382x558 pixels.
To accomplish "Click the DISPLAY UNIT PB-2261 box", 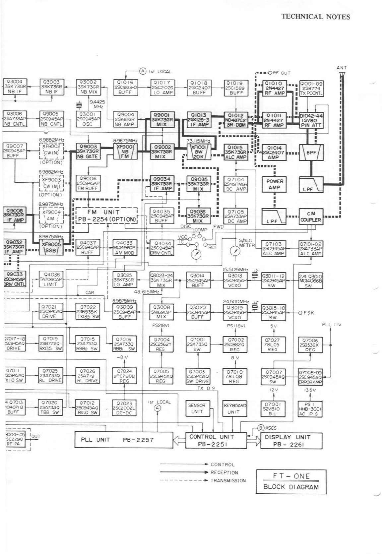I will click(291, 441).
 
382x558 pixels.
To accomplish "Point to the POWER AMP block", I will click(275, 184).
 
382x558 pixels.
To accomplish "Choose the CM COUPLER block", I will click(311, 217).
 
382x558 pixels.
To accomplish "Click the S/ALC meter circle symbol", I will click(235, 251).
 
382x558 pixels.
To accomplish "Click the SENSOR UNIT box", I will click(197, 408).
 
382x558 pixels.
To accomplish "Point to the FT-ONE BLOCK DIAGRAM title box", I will click(291, 481).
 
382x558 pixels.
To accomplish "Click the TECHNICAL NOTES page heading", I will click(315, 17).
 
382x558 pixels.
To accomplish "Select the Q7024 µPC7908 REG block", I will click(124, 376).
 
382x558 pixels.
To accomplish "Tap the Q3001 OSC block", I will click(88, 119).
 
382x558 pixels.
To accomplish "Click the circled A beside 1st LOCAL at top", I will click(143, 71).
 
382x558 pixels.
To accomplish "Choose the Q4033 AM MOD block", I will click(124, 248).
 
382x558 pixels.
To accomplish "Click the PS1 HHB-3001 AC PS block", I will click(310, 409).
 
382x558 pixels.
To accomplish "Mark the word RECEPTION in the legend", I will click(224, 472).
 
